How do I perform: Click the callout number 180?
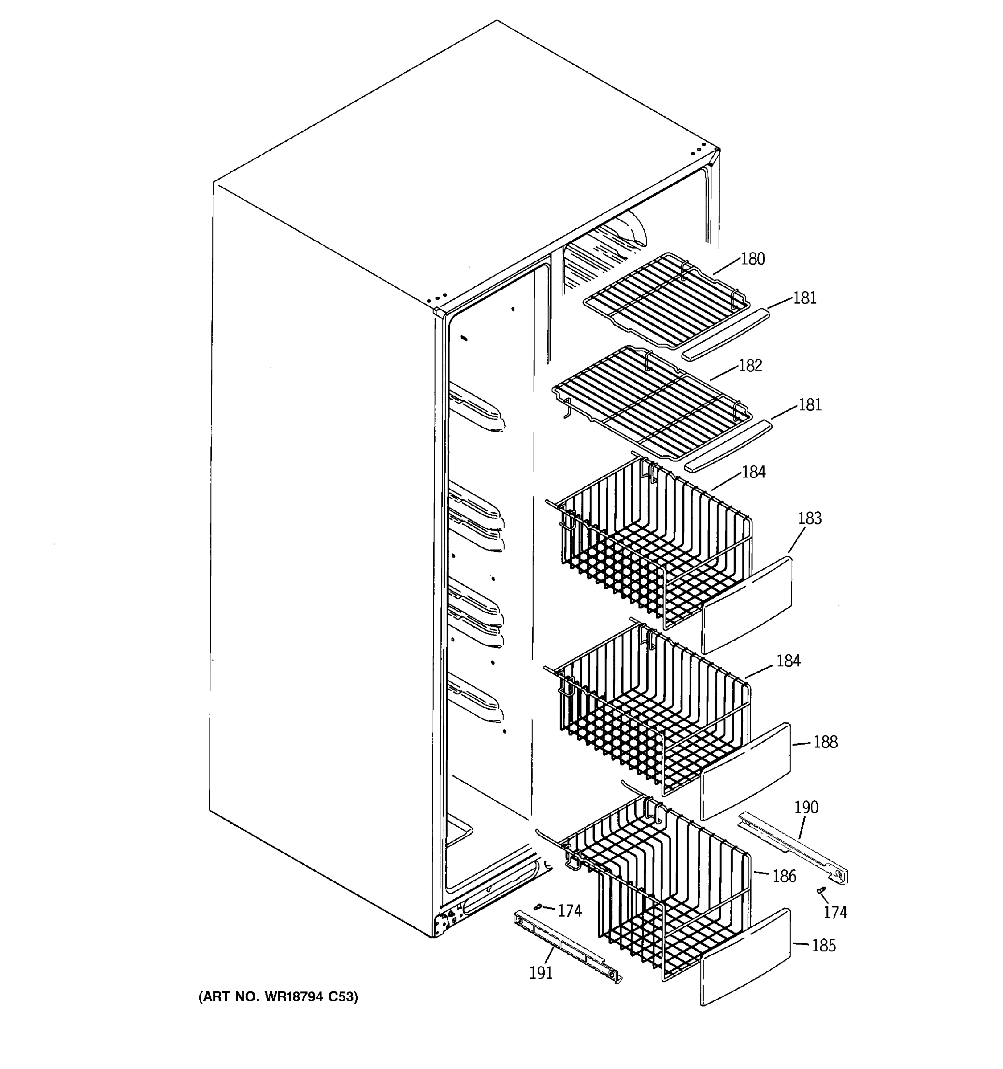[752, 259]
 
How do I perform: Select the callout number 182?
[750, 366]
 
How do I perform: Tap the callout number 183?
[809, 518]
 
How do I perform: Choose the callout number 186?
[784, 877]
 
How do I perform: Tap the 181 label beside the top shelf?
[805, 298]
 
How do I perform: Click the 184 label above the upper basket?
[753, 472]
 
